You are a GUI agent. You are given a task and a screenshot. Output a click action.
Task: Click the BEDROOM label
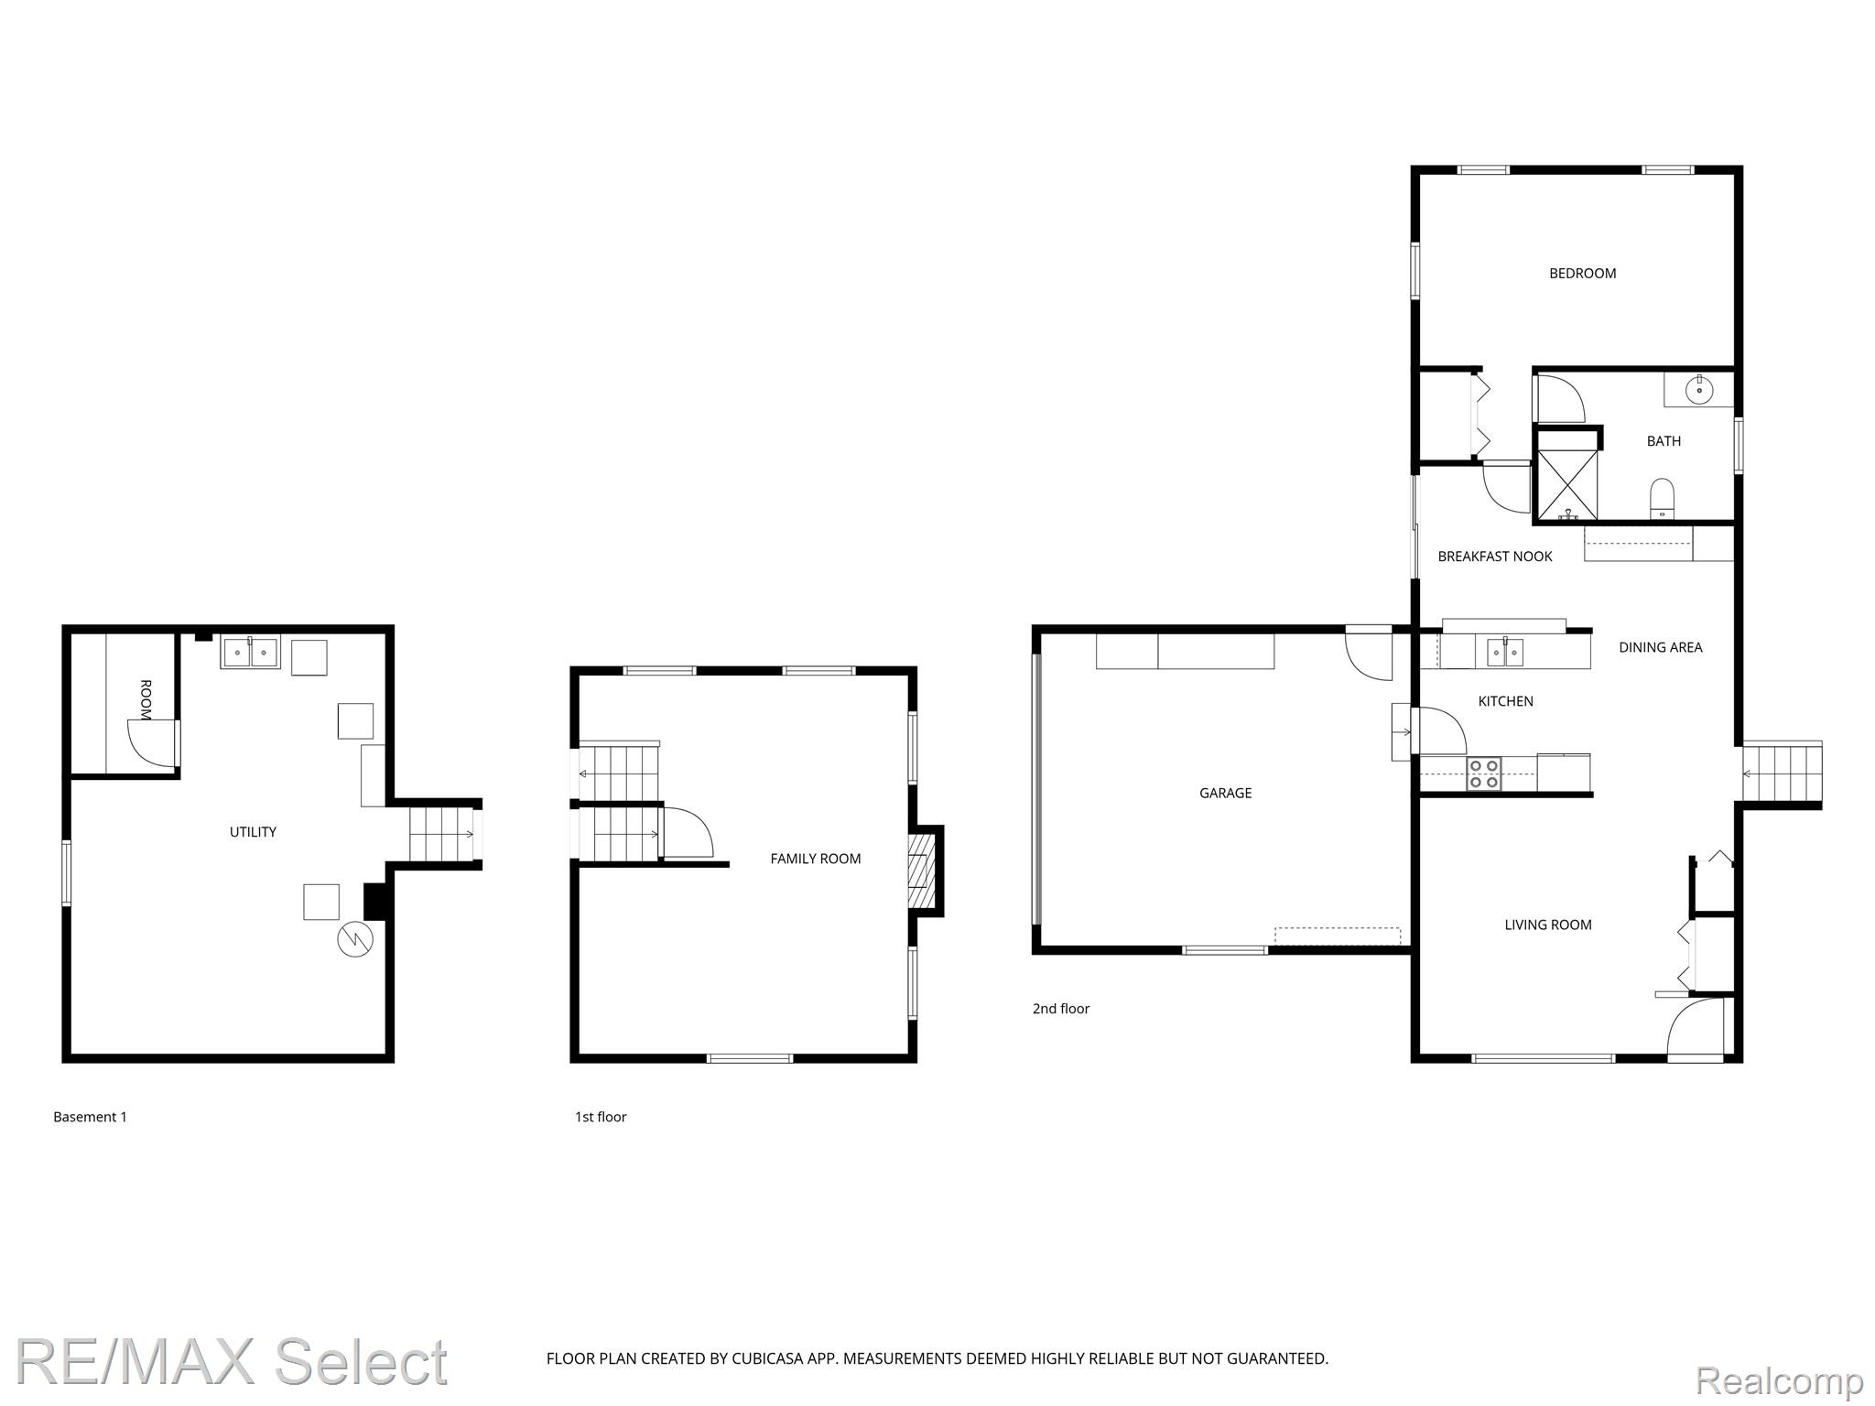tap(1582, 273)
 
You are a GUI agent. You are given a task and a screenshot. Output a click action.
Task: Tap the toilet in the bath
tap(1662, 500)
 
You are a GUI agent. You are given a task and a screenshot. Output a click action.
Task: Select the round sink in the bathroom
tap(1699, 389)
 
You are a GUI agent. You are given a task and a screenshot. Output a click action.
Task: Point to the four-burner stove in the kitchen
tap(1484, 774)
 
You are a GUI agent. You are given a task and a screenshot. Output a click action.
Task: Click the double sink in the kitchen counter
tap(1505, 652)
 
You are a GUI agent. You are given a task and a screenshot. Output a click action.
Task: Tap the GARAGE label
tap(1225, 793)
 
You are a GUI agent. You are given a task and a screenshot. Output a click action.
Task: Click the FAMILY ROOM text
tap(815, 859)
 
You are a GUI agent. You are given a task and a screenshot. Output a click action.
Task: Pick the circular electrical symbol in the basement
tap(355, 940)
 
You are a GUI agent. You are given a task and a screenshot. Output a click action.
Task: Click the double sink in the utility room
tap(250, 653)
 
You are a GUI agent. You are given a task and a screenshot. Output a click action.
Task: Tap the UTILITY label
tap(253, 832)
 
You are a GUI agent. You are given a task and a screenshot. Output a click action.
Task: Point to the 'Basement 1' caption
tap(90, 1117)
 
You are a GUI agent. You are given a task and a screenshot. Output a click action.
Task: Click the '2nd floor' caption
tap(1061, 1009)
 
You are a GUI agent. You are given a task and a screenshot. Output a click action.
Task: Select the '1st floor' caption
tap(601, 1117)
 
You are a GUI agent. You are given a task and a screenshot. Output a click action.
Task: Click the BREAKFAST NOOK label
tap(1495, 557)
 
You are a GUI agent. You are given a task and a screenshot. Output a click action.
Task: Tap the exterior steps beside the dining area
tap(1782, 773)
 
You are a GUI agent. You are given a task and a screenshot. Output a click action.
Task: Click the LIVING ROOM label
tap(1548, 925)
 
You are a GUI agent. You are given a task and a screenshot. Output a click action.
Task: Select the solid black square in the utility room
tap(375, 901)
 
